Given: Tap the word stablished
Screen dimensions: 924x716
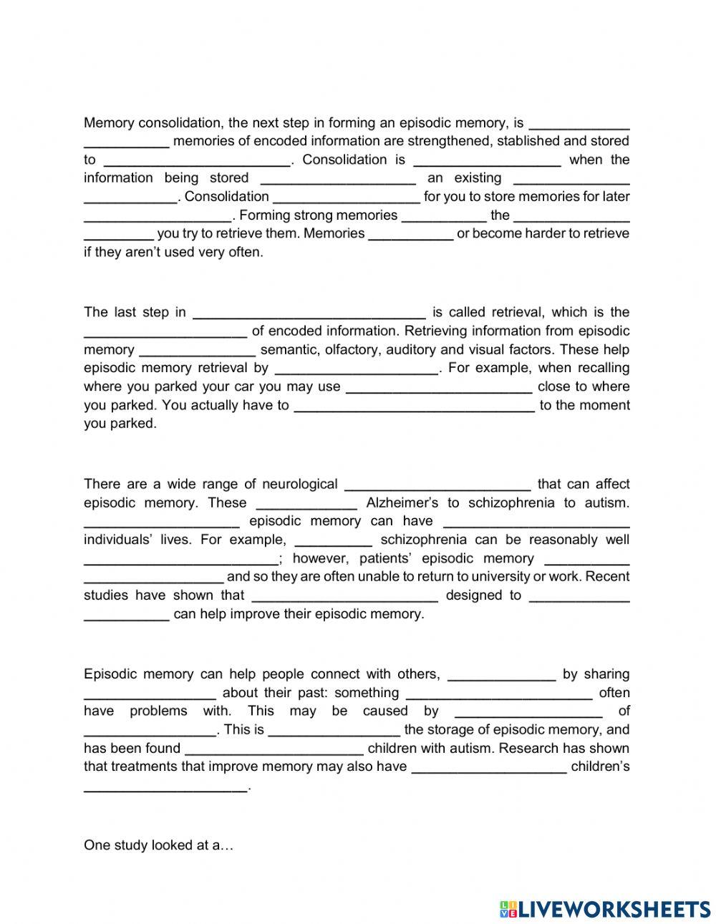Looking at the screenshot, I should [x=526, y=141].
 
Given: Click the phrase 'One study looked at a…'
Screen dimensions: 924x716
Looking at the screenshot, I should [x=159, y=845].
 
